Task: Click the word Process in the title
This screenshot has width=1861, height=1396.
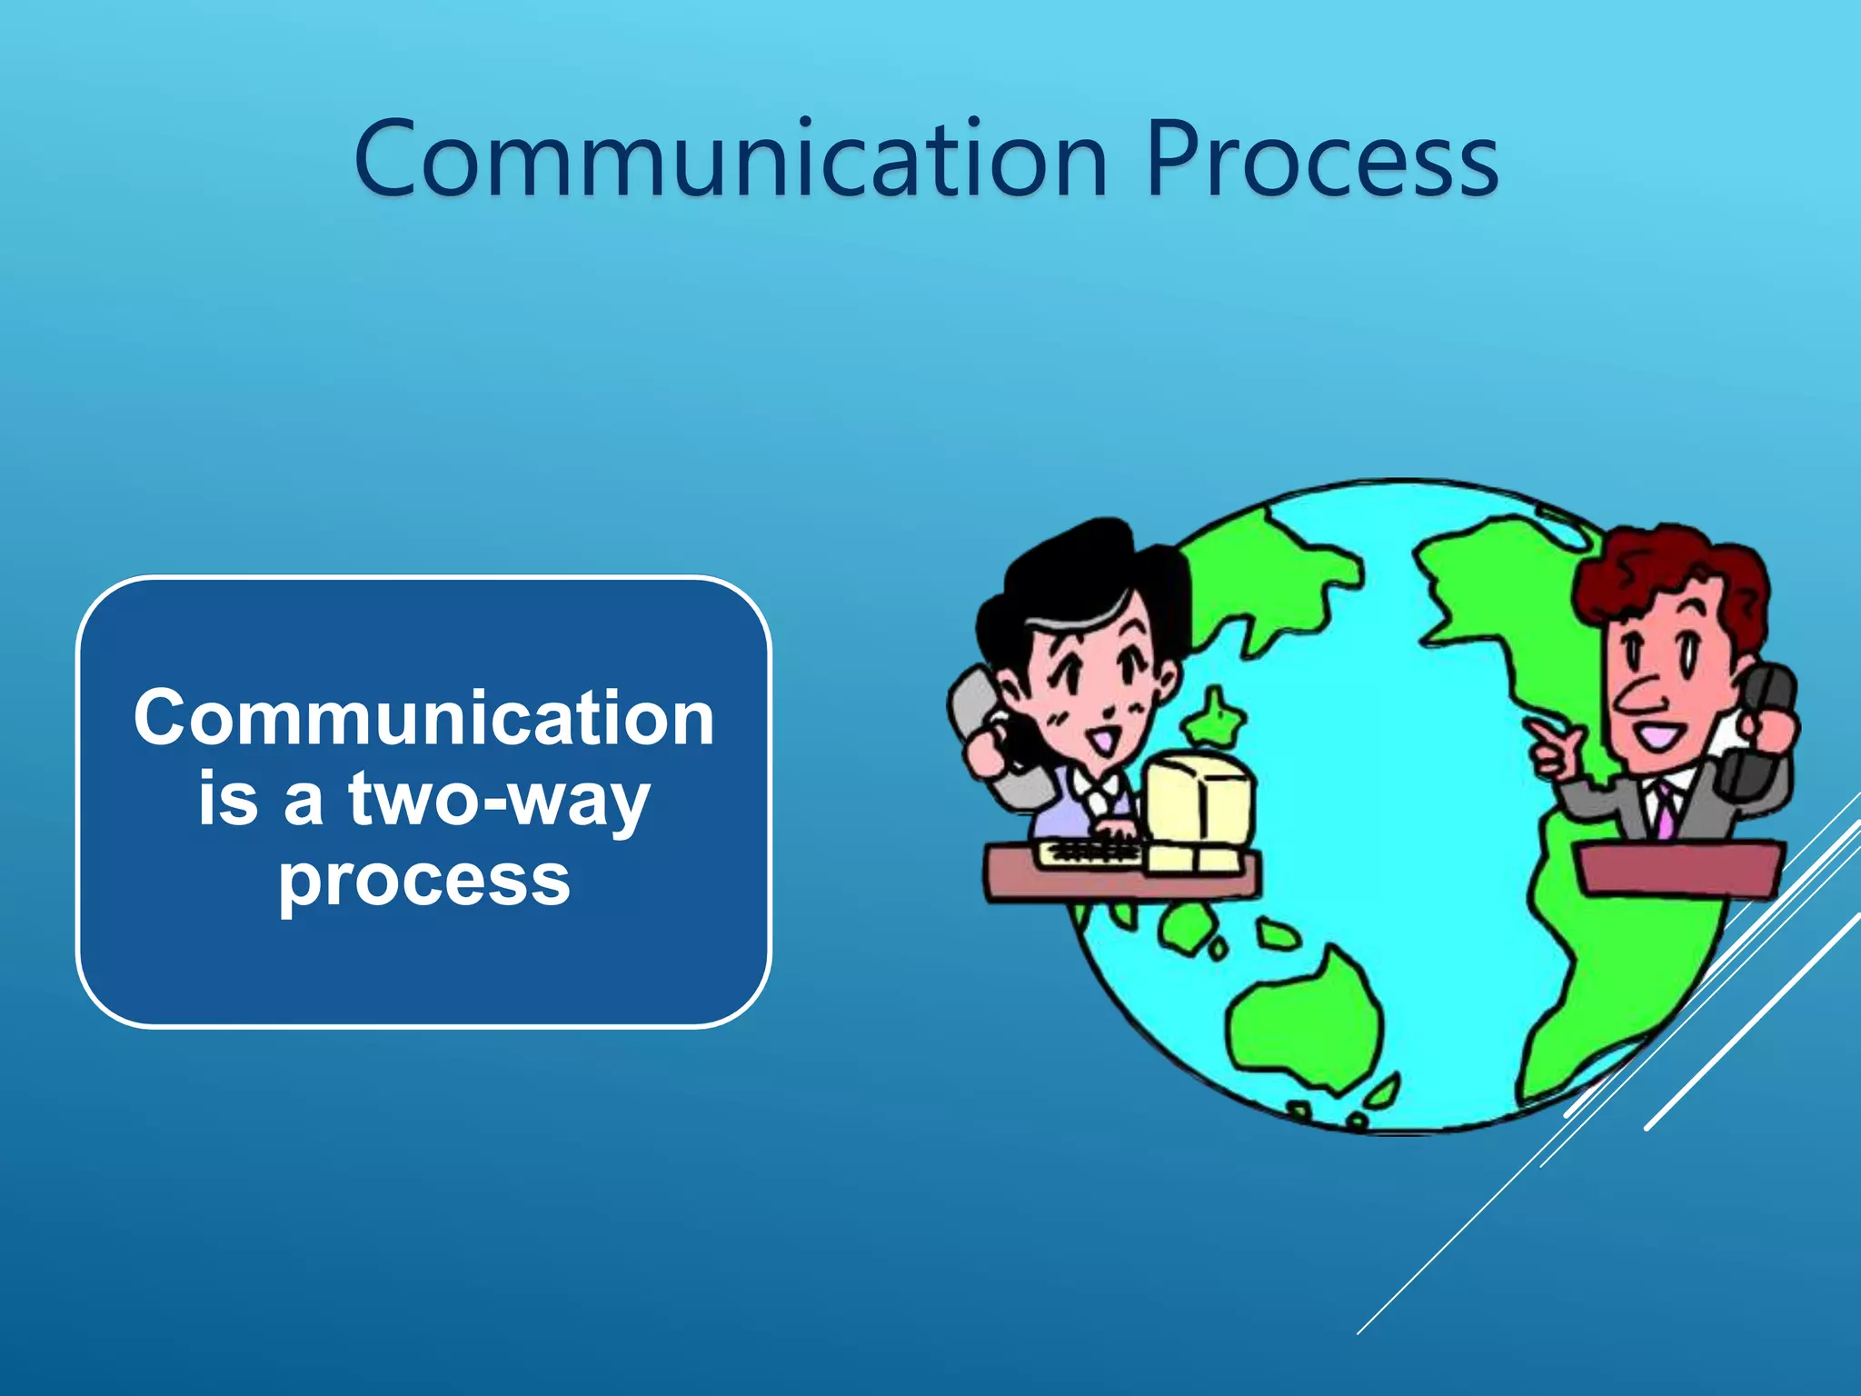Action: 1322,162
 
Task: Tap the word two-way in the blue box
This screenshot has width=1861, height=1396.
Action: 499,800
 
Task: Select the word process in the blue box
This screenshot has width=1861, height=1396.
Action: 424,880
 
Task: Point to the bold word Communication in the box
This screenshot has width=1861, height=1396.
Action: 424,718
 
